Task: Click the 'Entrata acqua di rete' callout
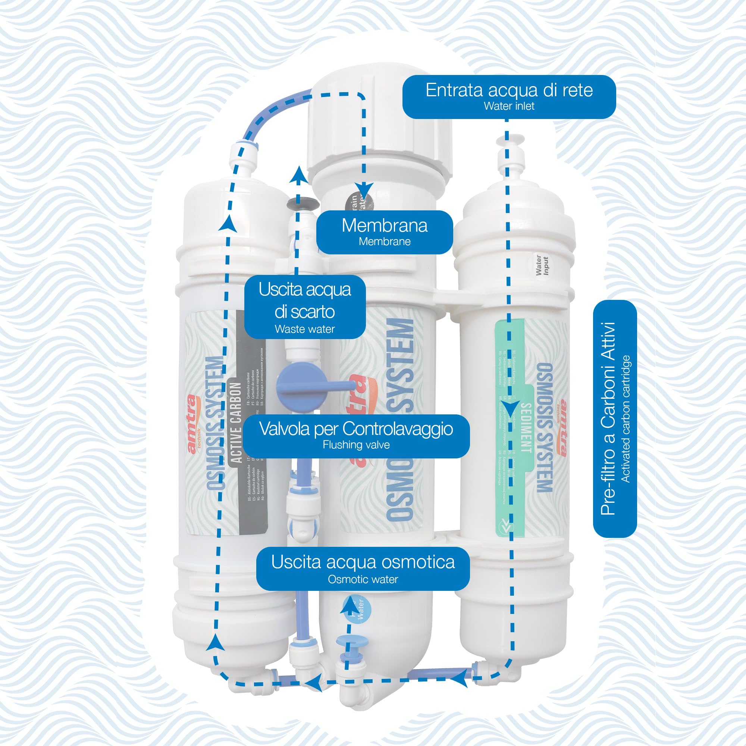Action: click(x=509, y=96)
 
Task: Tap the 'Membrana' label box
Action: click(x=385, y=232)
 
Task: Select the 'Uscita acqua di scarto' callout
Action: click(x=305, y=307)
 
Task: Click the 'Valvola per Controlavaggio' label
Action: click(x=356, y=436)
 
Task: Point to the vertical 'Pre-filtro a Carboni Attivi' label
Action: click(x=615, y=419)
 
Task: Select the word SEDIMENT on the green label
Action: click(x=526, y=427)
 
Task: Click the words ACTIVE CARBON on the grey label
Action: click(x=236, y=423)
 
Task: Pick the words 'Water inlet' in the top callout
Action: click(x=509, y=106)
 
